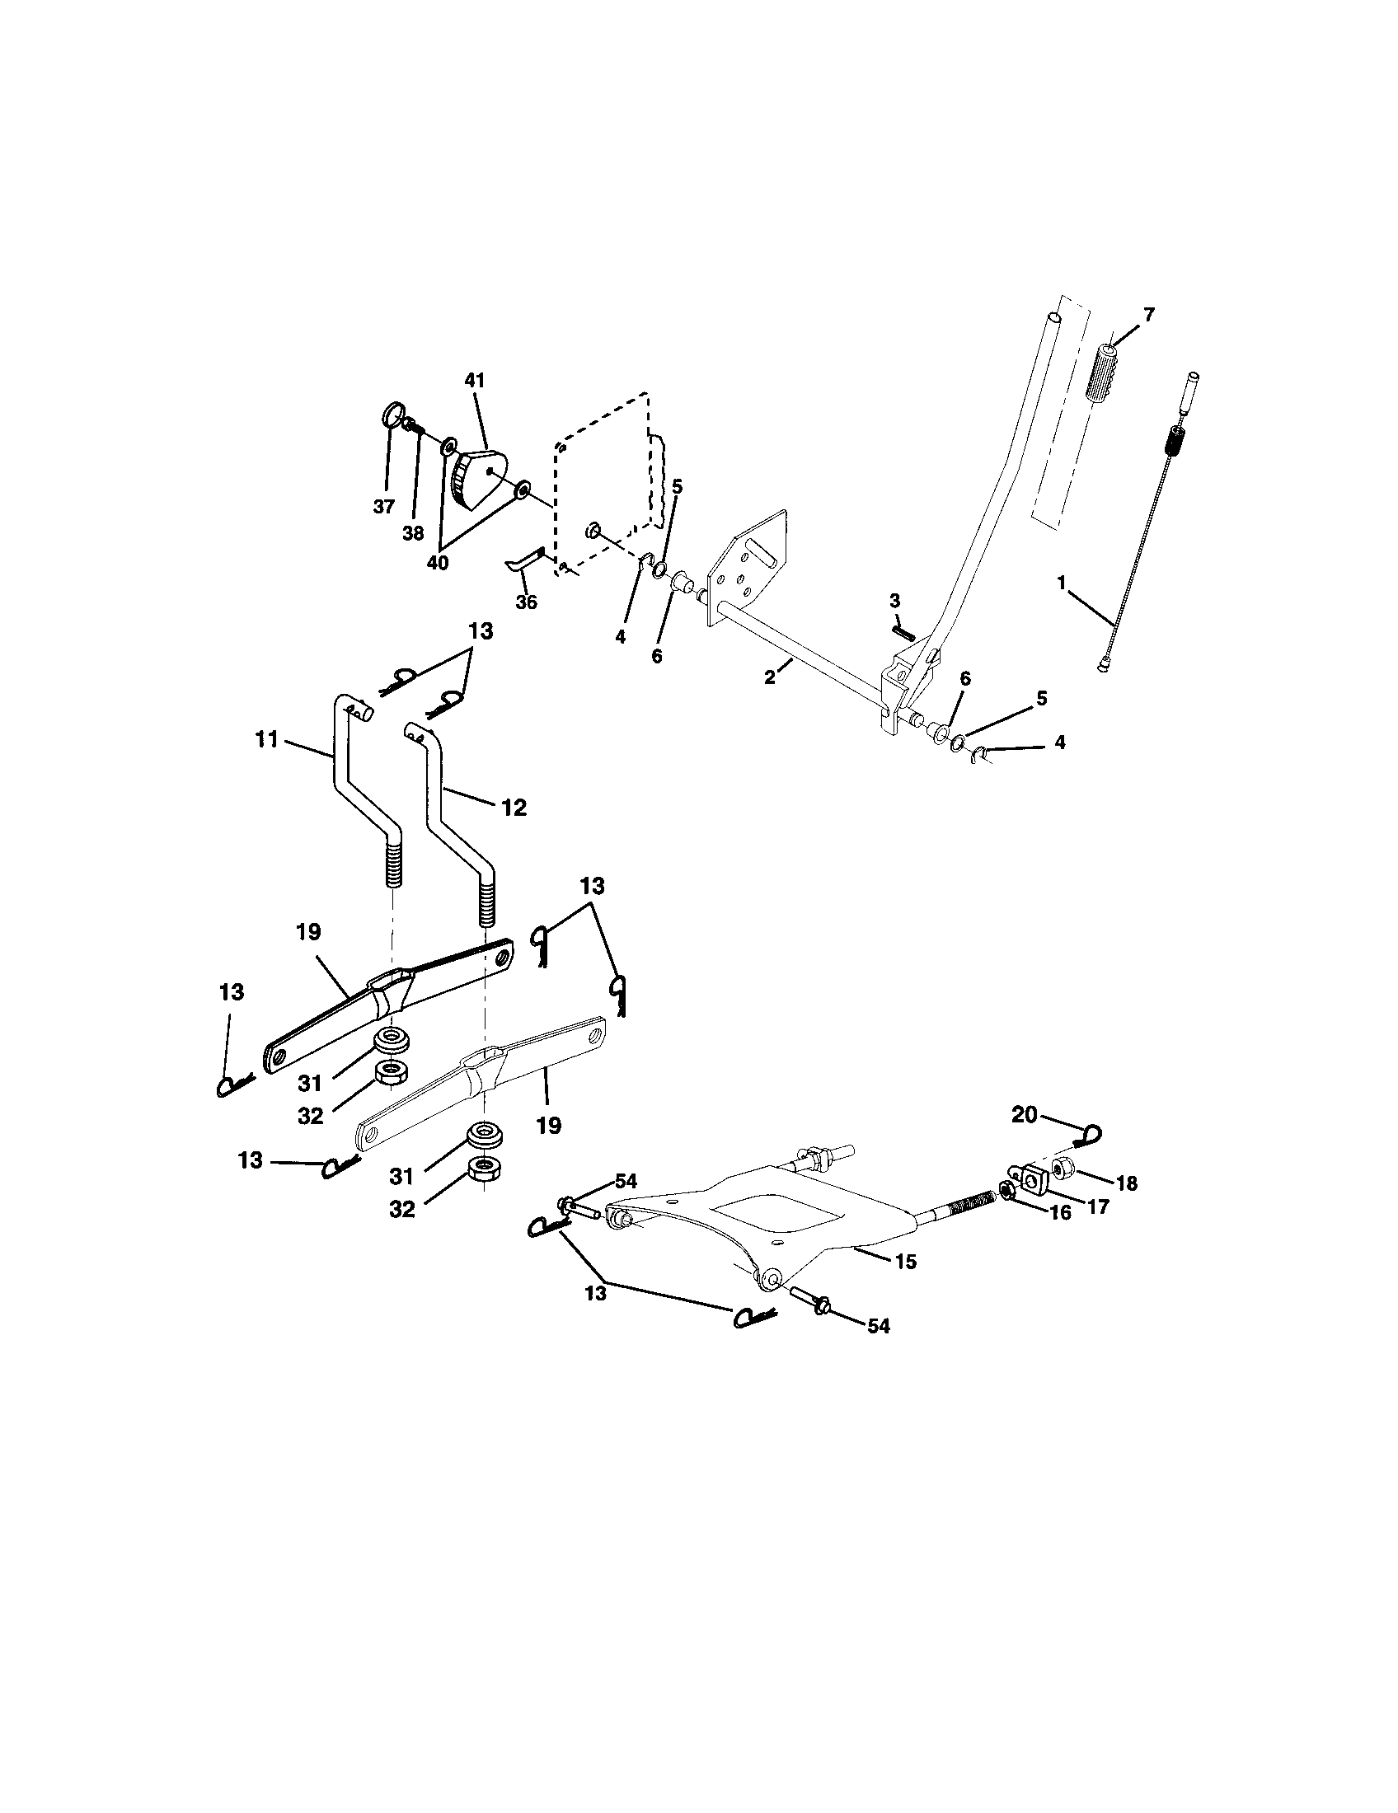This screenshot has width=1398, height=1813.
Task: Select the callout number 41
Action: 475,380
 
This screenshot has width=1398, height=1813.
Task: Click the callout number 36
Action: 527,602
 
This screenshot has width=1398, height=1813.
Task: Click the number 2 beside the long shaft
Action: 770,677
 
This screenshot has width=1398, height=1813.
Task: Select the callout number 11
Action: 266,739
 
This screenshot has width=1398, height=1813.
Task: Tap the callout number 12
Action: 514,807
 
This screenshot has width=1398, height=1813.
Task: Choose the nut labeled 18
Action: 1062,1169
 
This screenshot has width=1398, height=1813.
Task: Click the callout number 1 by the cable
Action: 1062,583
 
